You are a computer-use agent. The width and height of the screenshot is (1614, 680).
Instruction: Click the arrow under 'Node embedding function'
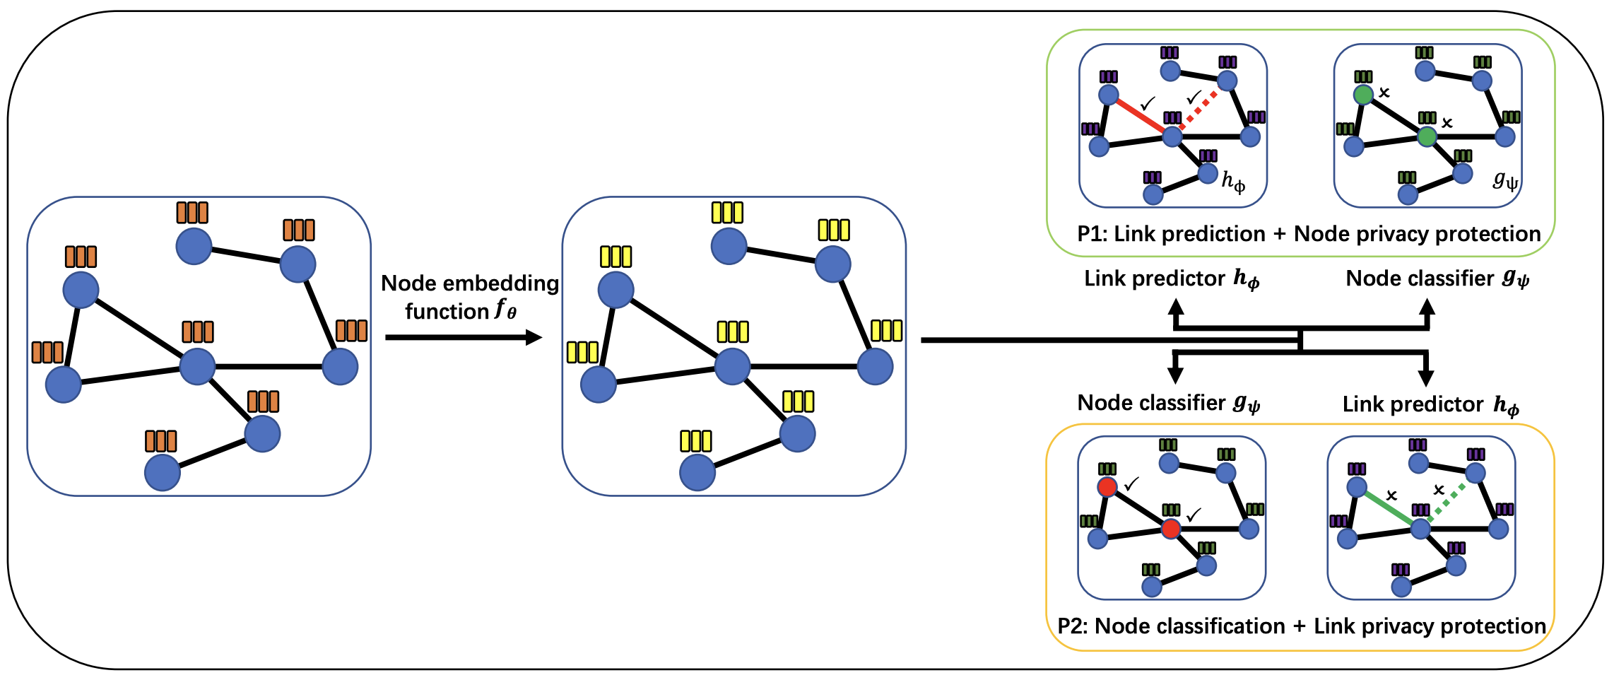pos(464,337)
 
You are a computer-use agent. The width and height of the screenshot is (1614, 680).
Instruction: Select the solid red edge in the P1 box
pos(1140,115)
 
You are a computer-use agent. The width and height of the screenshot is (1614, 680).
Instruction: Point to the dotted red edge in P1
pos(1198,110)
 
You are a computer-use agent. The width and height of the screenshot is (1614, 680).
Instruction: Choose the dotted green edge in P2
pos(1447,503)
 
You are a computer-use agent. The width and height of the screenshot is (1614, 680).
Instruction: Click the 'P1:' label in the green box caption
pos(1092,234)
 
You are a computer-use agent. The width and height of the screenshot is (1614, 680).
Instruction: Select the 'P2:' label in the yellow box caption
pos(1073,626)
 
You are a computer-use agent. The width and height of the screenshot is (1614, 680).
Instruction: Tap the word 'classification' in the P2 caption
pos(1215,626)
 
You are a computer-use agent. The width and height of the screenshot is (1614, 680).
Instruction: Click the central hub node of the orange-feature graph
pos(197,367)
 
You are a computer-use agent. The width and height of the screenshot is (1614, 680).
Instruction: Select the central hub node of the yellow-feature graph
pos(732,367)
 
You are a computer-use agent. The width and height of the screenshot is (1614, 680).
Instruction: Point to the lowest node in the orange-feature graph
pos(163,472)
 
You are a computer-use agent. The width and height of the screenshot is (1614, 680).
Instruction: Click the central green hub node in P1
pos(1427,137)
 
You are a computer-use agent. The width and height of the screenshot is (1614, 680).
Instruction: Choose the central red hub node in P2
pos(1171,529)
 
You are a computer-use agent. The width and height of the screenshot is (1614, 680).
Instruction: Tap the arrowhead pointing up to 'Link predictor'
pos(1176,307)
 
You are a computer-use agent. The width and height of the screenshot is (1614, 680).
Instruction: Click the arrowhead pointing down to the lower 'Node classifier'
pos(1175,376)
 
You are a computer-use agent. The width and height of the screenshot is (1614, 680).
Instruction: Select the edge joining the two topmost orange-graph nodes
pos(246,255)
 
